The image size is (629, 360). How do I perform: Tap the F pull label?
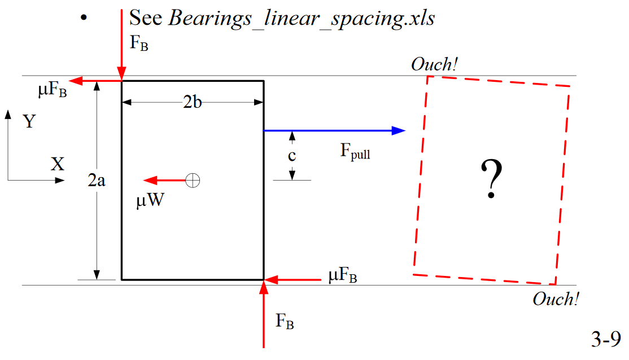pyautogui.click(x=355, y=152)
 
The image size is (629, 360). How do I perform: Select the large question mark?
pyautogui.click(x=491, y=179)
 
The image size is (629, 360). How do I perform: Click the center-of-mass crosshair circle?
pyautogui.click(x=193, y=181)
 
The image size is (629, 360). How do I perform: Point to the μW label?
pyautogui.click(x=149, y=201)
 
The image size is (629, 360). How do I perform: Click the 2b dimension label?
pyautogui.click(x=193, y=103)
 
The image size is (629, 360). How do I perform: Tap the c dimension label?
pyautogui.click(x=292, y=156)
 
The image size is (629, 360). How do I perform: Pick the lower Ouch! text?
pyautogui.click(x=556, y=299)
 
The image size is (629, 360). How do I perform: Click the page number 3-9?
pyautogui.click(x=606, y=340)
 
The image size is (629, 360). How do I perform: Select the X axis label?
pyautogui.click(x=58, y=164)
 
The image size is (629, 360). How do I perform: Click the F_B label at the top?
pyautogui.click(x=139, y=44)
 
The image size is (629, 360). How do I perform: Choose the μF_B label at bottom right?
pyautogui.click(x=342, y=277)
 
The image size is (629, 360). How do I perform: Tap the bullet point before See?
pyautogui.click(x=84, y=18)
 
